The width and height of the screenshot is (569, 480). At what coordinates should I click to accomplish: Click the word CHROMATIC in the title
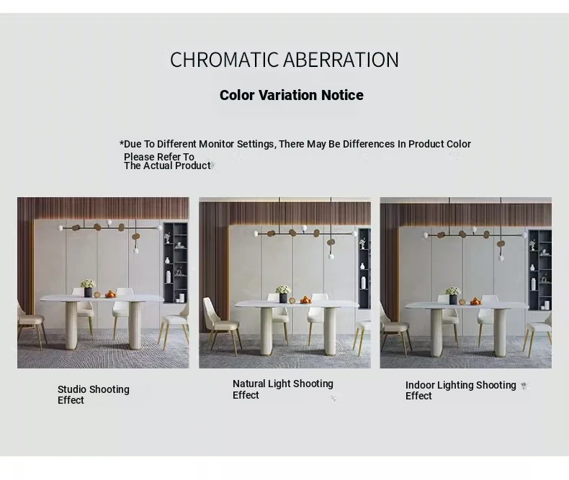click(224, 60)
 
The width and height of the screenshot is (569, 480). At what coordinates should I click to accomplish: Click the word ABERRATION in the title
click(341, 60)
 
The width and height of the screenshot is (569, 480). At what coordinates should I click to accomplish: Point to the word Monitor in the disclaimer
click(216, 144)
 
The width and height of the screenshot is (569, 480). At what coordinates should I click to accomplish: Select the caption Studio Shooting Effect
click(93, 394)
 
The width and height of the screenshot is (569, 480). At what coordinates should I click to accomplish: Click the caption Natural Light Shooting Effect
click(282, 389)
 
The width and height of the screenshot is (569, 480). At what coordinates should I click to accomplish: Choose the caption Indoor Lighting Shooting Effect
click(460, 390)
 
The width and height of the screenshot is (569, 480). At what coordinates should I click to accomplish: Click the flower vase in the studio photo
click(88, 289)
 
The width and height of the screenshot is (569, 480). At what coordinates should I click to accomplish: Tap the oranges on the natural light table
click(305, 300)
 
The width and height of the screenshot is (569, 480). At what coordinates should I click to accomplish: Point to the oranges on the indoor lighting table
click(475, 301)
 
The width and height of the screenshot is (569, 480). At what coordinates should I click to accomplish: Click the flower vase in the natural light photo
click(283, 294)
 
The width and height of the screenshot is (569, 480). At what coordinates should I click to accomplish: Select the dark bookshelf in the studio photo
click(176, 263)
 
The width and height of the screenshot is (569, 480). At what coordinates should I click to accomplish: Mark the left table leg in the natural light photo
click(266, 331)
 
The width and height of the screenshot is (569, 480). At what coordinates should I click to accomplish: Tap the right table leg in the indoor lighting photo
click(500, 332)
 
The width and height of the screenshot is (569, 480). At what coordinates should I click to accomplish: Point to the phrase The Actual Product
click(167, 166)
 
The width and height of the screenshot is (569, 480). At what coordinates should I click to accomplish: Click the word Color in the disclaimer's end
click(459, 144)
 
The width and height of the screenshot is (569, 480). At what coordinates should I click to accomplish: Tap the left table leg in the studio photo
click(71, 325)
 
